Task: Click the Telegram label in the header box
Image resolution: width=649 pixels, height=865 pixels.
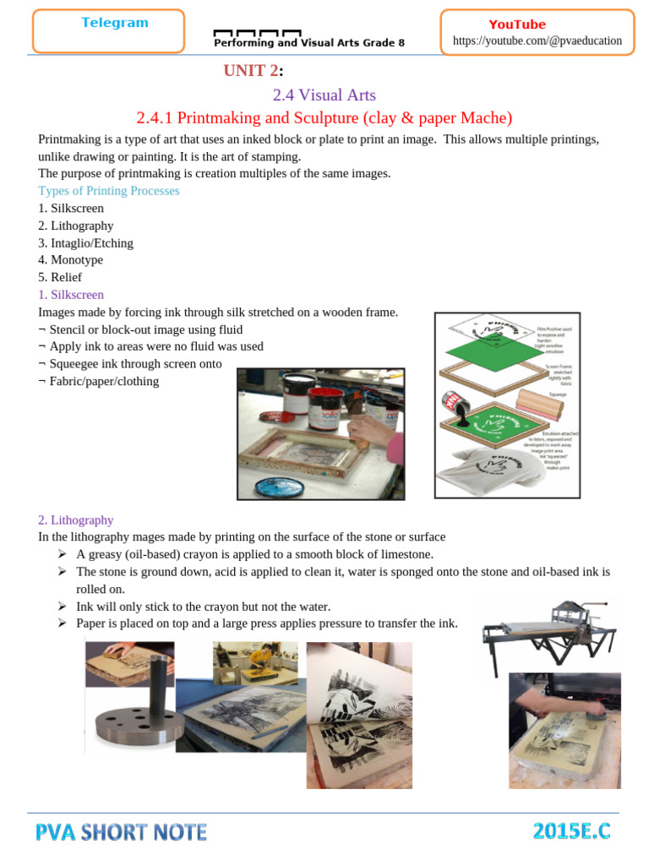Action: (x=115, y=23)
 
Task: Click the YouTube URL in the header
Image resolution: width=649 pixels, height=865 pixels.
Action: (x=537, y=41)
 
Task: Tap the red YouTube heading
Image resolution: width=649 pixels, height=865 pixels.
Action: (x=517, y=24)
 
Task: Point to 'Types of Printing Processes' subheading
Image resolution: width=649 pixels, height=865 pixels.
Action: (x=109, y=191)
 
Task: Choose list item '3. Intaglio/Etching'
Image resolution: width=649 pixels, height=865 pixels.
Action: (x=85, y=242)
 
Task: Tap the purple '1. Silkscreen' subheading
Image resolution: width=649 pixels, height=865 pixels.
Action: (x=71, y=295)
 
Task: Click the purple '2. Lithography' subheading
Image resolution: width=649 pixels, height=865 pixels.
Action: (x=75, y=520)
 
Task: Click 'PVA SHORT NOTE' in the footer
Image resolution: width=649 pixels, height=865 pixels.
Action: (x=121, y=832)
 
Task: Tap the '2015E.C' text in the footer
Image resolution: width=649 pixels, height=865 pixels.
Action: (x=571, y=832)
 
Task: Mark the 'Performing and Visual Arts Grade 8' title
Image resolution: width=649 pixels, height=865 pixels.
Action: (x=309, y=42)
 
